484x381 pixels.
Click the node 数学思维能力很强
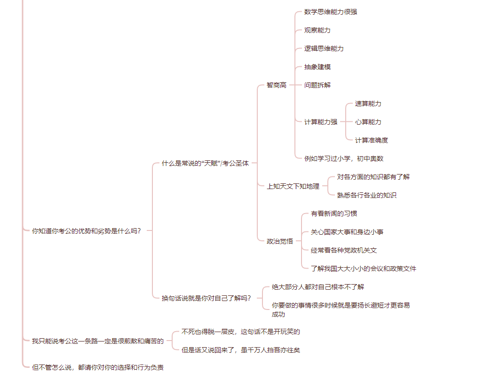(331, 12)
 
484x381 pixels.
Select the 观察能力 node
(317, 30)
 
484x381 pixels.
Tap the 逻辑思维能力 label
(324, 48)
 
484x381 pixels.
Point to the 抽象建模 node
(317, 67)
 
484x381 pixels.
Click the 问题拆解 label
(317, 85)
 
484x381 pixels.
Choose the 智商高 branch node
(277, 85)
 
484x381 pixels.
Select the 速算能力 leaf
(368, 104)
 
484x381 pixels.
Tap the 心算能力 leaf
(368, 122)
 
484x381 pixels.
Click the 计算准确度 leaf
(371, 140)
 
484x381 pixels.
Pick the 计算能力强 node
(321, 122)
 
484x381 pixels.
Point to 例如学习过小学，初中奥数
(344, 159)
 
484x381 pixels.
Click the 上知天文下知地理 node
(293, 186)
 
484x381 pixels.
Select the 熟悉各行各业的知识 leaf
(367, 195)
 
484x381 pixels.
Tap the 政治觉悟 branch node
(280, 241)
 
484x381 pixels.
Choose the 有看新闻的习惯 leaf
(334, 214)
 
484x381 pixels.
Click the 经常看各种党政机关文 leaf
(344, 250)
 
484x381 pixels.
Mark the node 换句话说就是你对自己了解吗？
(206, 298)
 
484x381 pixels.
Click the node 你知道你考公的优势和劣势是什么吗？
(87, 231)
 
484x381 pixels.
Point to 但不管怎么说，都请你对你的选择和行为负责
(97, 367)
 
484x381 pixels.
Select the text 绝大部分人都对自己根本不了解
(318, 287)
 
